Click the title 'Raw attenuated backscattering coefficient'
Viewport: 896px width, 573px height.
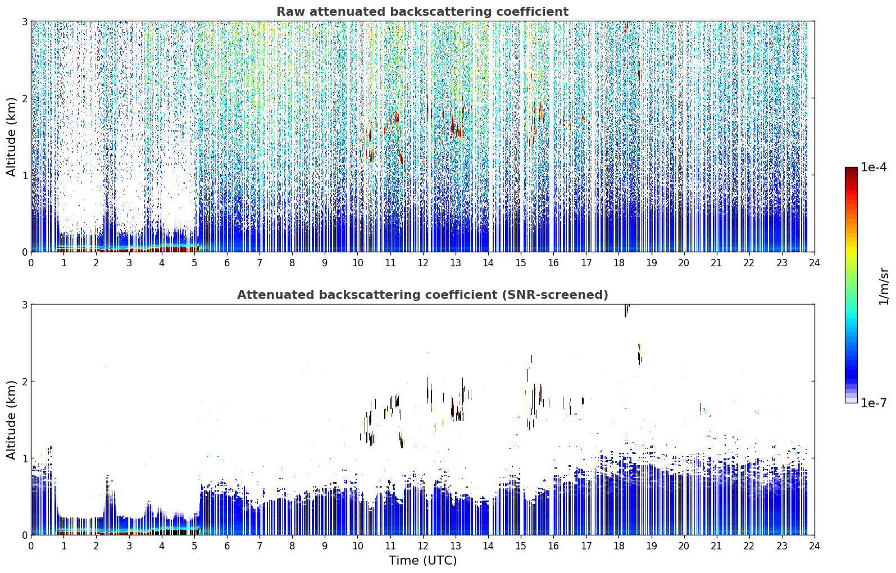[422, 12]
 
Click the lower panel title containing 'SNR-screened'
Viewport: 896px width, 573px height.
[422, 295]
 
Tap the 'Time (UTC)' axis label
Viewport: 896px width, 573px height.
[422, 561]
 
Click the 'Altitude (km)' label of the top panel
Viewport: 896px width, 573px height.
[11, 137]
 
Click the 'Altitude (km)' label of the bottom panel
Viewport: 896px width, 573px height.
[11, 420]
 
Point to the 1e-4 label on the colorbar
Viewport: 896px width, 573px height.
[874, 167]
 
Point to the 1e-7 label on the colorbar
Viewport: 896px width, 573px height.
[874, 403]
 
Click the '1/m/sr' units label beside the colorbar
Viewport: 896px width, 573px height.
[884, 287]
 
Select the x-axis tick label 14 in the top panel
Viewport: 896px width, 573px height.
[488, 263]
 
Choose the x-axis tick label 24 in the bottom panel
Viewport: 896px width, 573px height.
[815, 546]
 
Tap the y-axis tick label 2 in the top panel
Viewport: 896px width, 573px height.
[24, 98]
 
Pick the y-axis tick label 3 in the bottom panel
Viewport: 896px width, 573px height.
[24, 305]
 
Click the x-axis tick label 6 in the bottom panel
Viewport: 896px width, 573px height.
[227, 546]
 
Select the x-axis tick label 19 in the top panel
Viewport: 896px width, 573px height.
[651, 263]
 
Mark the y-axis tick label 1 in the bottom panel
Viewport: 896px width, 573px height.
[24, 458]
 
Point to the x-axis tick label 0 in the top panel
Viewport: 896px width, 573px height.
[31, 263]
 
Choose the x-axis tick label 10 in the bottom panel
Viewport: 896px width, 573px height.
[358, 546]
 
